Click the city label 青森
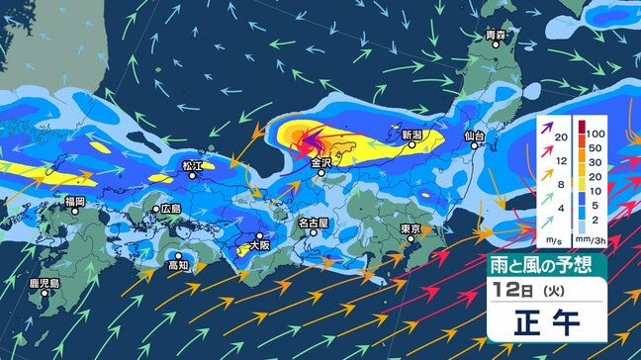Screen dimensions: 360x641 point(497,36)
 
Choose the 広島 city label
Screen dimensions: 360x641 point(169,209)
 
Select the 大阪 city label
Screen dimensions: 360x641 point(259,242)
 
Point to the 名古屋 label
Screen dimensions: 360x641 point(313,224)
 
